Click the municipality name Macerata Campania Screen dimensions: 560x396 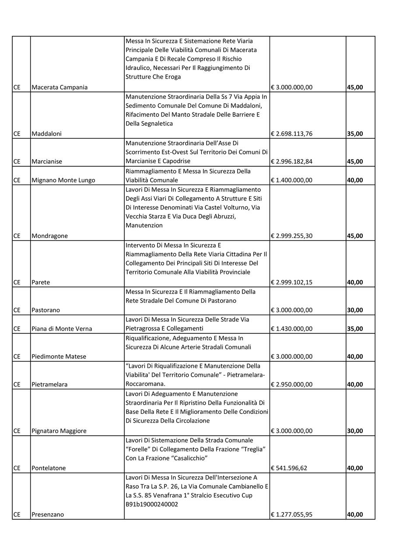point(60,87)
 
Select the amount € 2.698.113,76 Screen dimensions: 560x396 point(291,134)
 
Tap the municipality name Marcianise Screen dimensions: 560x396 point(47,161)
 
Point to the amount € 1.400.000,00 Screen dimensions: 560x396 point(291,180)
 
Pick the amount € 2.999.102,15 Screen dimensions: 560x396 point(291,282)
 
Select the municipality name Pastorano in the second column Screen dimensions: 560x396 point(46,310)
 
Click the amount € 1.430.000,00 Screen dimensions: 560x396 point(291,329)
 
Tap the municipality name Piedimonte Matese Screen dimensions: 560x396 point(59,357)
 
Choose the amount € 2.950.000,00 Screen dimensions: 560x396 point(291,385)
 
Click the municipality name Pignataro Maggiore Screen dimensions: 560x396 point(59,431)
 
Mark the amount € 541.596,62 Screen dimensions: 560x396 point(289,468)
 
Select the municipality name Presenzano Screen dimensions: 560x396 point(48,514)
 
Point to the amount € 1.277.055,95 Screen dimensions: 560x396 point(291,514)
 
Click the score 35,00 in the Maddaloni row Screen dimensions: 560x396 point(355,134)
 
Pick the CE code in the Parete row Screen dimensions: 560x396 point(17,282)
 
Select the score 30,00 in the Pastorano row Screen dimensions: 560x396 point(355,310)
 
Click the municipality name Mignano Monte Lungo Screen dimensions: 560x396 point(63,180)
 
